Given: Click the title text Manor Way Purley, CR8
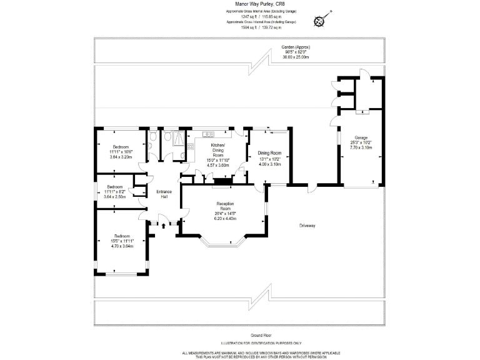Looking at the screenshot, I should coord(240,6).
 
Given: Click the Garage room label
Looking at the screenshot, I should coord(361,137).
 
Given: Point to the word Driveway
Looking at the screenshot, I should coord(307,225).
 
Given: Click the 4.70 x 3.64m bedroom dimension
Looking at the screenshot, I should coord(122,246).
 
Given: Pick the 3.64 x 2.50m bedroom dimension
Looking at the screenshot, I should coord(114,196).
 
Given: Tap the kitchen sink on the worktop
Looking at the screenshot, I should coord(207,133).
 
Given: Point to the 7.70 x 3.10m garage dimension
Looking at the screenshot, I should coord(361,148).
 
